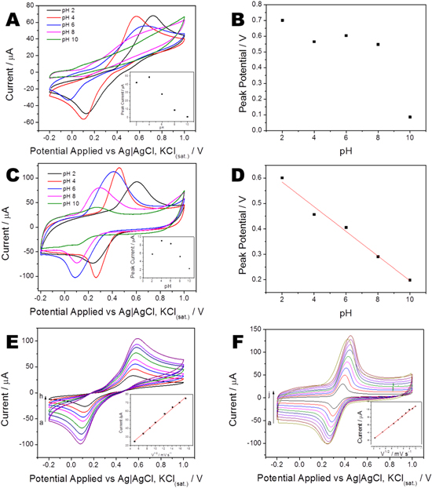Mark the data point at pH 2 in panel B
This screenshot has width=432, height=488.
[x=282, y=20]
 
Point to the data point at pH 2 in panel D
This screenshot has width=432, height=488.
[x=282, y=178]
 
